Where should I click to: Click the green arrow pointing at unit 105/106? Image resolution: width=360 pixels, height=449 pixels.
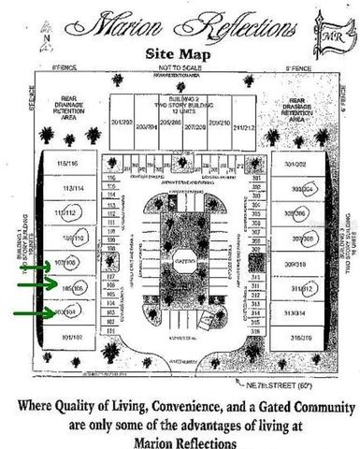35,289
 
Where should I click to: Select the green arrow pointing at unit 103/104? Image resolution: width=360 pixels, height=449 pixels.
35,311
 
